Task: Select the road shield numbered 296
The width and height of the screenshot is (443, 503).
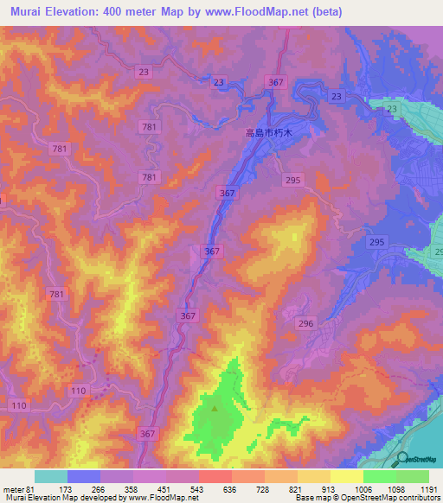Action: [x=305, y=323]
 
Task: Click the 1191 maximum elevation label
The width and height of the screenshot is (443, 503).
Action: [x=429, y=489]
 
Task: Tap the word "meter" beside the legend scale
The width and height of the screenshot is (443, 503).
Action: [x=12, y=489]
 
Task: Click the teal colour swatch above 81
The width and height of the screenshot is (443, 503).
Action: [x=51, y=476]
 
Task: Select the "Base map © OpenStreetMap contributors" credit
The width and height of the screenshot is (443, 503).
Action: [x=367, y=498]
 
